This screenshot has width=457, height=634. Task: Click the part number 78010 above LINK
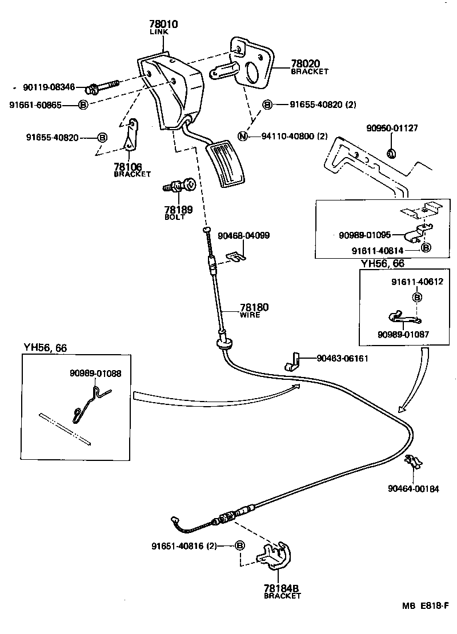coord(163,25)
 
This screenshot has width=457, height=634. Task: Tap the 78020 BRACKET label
coord(310,67)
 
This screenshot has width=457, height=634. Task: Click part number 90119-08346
coord(49,87)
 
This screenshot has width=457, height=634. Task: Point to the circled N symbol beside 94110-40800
coord(243,136)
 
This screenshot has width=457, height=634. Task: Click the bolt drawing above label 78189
coord(181,186)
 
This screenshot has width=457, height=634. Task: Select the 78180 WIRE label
coord(254,310)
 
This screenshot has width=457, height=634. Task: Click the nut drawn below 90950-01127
coord(392,153)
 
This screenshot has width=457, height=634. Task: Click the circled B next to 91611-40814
coord(425,248)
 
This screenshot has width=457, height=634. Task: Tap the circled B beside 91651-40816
coord(240,545)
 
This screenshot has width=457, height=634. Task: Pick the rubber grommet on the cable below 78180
coord(224,343)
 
